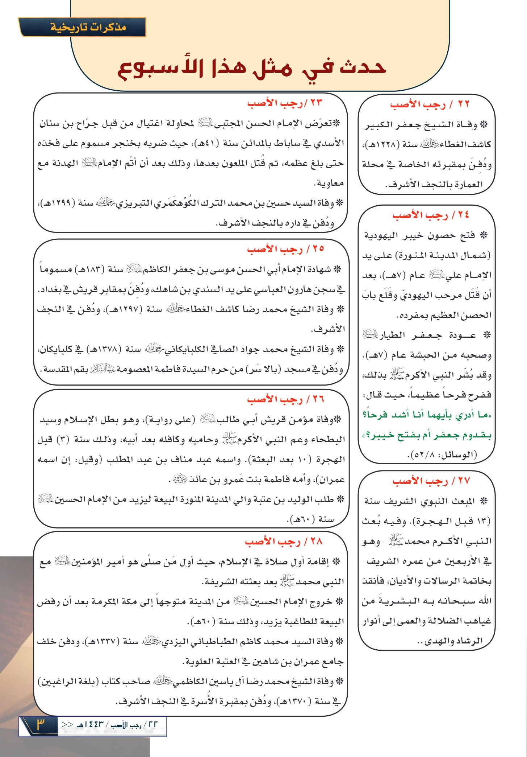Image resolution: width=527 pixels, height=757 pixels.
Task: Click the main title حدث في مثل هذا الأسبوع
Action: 252,68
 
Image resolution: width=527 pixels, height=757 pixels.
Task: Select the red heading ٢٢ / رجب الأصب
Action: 430,105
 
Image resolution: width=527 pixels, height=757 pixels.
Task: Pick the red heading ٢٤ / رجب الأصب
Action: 431,215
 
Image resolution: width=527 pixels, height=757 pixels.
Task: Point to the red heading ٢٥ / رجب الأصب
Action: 285,249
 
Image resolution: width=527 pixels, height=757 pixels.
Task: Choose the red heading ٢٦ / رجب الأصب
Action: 285,399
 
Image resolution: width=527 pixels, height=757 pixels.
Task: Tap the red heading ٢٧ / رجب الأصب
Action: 431,481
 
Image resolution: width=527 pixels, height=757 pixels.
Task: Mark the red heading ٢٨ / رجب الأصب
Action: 283,542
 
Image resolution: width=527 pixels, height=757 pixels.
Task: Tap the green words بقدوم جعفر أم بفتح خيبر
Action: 427,435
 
